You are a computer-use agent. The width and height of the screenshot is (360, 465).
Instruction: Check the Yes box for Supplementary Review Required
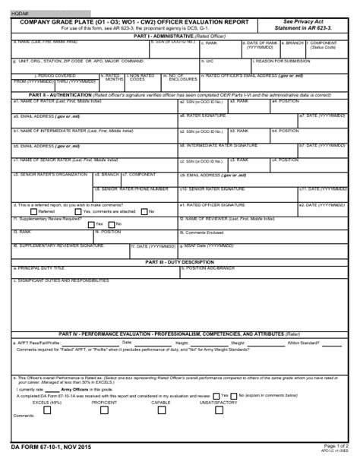(x=90, y=224)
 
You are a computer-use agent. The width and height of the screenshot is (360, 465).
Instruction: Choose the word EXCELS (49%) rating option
(x=47, y=402)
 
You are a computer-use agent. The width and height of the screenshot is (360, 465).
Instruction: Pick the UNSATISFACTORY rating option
(x=199, y=402)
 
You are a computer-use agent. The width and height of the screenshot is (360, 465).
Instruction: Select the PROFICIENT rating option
(x=104, y=402)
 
